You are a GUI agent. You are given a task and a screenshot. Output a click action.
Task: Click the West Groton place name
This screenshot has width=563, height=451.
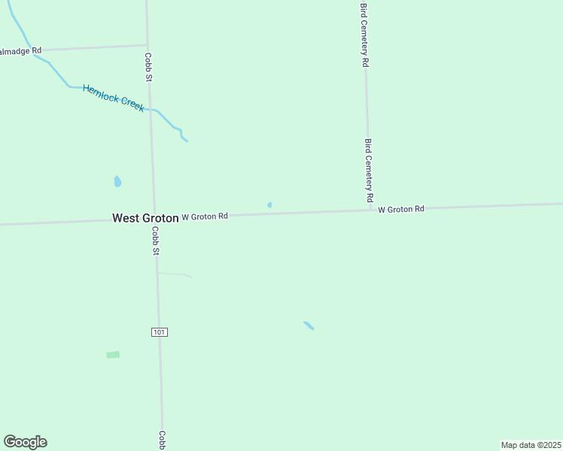pyautogui.click(x=145, y=218)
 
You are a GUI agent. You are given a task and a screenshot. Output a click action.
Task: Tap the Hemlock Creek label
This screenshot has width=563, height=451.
pyautogui.click(x=114, y=98)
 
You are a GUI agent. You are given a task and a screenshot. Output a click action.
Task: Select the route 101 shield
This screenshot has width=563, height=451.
pyautogui.click(x=158, y=331)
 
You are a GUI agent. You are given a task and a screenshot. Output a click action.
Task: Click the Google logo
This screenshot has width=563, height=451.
pyautogui.click(x=25, y=442)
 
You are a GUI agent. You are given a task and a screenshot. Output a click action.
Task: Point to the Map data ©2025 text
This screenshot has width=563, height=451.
pyautogui.click(x=531, y=445)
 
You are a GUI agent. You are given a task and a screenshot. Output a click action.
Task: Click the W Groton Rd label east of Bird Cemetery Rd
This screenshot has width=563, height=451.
pyautogui.click(x=401, y=209)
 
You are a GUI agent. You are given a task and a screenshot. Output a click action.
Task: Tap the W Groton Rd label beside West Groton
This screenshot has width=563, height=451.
pyautogui.click(x=205, y=216)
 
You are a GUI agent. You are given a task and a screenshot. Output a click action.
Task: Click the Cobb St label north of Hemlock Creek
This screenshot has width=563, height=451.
pyautogui.click(x=149, y=66)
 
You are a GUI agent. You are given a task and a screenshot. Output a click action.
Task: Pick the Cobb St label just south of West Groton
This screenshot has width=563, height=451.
pyautogui.click(x=155, y=241)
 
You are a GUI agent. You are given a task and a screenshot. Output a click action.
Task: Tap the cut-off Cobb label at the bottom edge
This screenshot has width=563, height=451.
pyautogui.click(x=161, y=440)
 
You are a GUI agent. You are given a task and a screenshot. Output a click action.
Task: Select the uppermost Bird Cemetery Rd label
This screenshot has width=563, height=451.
pyautogui.click(x=364, y=35)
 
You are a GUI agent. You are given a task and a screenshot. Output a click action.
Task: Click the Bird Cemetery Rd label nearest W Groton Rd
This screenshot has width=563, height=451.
pyautogui.click(x=368, y=171)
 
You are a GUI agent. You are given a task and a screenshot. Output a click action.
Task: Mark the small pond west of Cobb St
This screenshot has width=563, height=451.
pyautogui.click(x=117, y=181)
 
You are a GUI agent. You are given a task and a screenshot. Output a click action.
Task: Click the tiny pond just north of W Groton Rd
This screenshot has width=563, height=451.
pyautogui.click(x=269, y=204)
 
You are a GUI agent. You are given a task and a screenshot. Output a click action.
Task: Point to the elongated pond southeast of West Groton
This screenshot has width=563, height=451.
pyautogui.click(x=309, y=325)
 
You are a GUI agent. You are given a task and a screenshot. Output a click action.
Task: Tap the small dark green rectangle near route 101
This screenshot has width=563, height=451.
pyautogui.click(x=113, y=355)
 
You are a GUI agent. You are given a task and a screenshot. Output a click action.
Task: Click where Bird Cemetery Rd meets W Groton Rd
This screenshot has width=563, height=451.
pyautogui.click(x=369, y=210)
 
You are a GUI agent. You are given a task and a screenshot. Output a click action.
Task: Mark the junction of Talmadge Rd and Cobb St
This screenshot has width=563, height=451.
pyautogui.click(x=147, y=45)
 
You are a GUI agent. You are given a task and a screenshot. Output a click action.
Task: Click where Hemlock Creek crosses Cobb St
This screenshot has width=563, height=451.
pyautogui.click(x=151, y=110)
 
